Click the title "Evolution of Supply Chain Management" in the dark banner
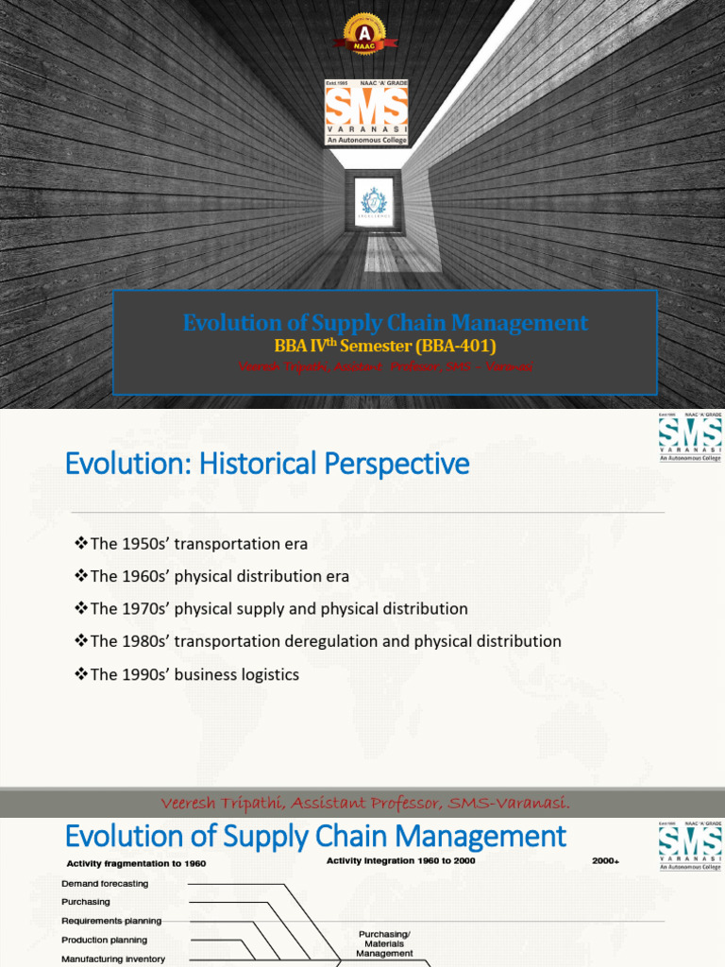385,323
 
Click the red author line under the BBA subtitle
385,366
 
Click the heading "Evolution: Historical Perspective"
266,465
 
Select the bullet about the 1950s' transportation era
192,544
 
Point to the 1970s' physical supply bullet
271,608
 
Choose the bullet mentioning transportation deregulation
318,641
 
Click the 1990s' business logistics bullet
187,674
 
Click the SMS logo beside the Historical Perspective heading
690,437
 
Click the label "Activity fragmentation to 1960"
136,863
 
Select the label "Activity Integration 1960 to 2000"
400,860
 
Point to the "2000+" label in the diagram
606,860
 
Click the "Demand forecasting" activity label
105,883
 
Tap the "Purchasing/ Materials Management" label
384,943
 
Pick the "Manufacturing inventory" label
113,959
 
